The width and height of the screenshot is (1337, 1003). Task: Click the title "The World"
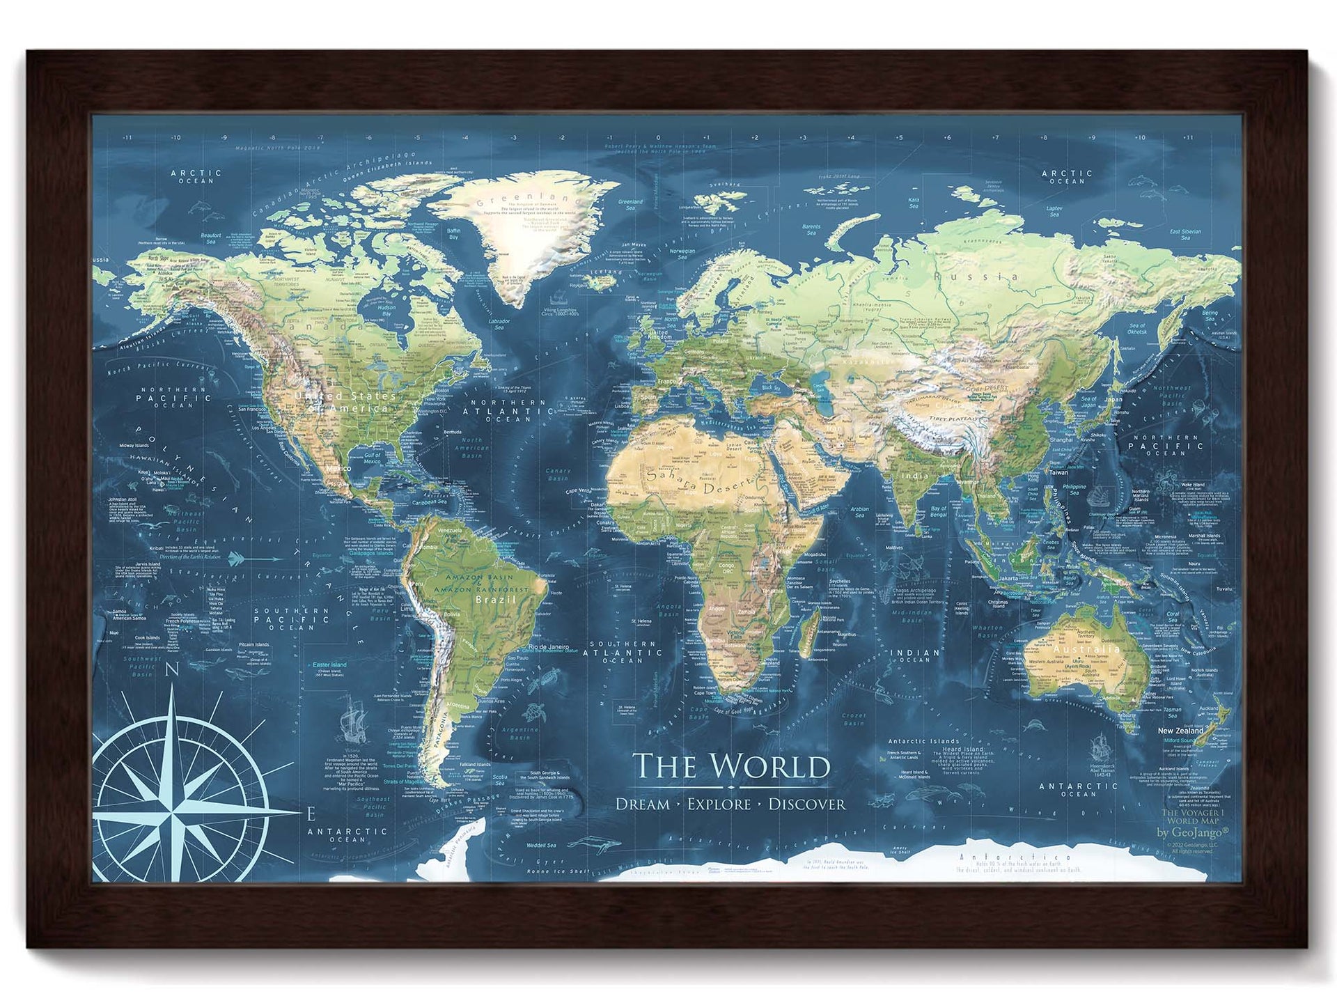pos(730,767)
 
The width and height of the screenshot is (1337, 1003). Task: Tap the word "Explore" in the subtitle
pos(719,804)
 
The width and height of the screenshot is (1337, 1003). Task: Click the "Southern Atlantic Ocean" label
pos(624,652)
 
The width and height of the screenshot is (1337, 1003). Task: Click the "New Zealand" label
pos(1180,731)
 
